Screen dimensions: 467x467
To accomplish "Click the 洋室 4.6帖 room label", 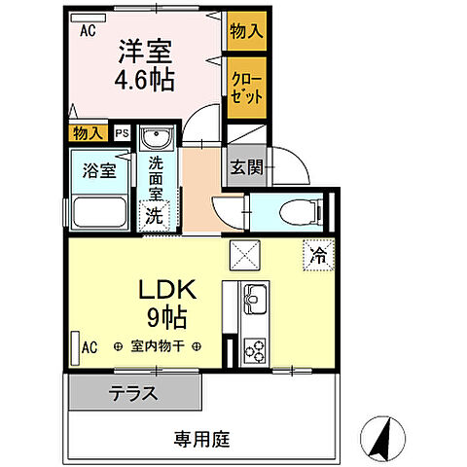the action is pyautogui.click(x=145, y=65).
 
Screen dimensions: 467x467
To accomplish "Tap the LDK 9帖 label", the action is pyautogui.click(x=167, y=304).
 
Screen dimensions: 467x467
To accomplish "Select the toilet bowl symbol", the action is pyautogui.click(x=300, y=212).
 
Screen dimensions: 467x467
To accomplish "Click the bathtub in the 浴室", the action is pyautogui.click(x=100, y=213).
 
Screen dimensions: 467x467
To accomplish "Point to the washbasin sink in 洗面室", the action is pyautogui.click(x=157, y=137).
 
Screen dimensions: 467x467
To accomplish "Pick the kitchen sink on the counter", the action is pyautogui.click(x=256, y=299).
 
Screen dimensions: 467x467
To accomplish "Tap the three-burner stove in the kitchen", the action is pyautogui.click(x=255, y=351).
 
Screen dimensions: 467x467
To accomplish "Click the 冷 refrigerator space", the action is pyautogui.click(x=319, y=255).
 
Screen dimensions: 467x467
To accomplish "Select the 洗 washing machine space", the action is pyautogui.click(x=155, y=216).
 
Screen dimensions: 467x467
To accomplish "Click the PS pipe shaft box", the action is pyautogui.click(x=123, y=133).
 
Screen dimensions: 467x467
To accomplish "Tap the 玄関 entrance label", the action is pyautogui.click(x=246, y=167).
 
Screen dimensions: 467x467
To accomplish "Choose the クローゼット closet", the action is pyautogui.click(x=247, y=88).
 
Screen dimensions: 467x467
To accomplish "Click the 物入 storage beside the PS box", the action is pyautogui.click(x=88, y=133).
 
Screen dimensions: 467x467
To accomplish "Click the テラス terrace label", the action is pyautogui.click(x=133, y=393).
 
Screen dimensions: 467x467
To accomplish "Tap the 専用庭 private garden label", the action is pyautogui.click(x=201, y=440).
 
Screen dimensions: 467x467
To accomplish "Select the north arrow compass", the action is pyautogui.click(x=382, y=439).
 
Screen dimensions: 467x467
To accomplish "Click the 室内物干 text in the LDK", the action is pyautogui.click(x=158, y=346).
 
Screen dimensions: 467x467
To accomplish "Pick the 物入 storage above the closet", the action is pyautogui.click(x=247, y=31).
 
